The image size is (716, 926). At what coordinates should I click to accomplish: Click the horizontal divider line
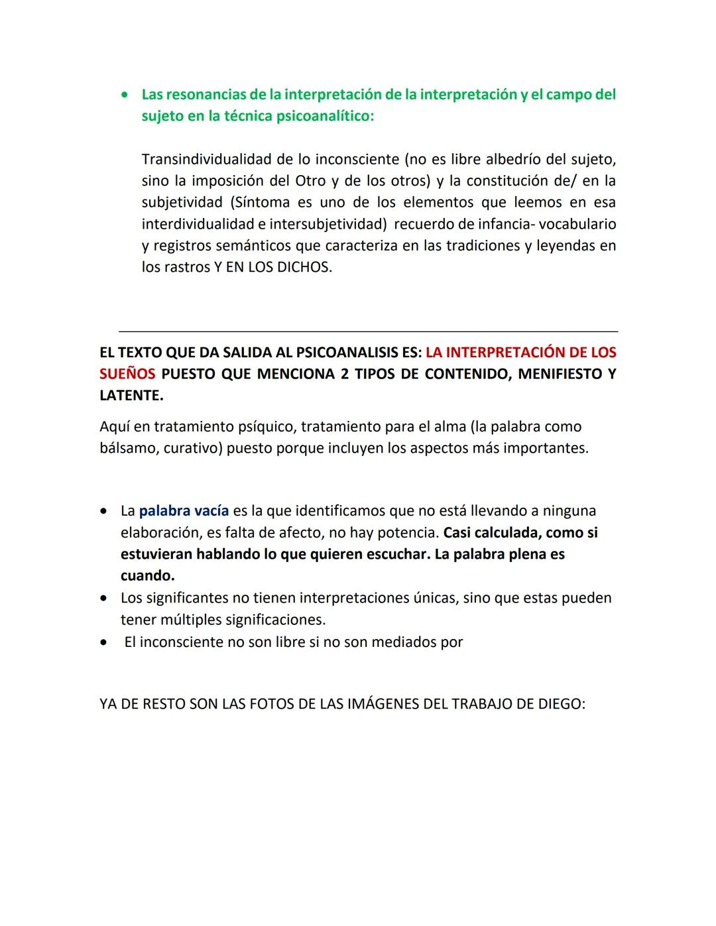click(x=368, y=331)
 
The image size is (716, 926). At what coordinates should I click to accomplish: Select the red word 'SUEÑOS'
click(x=127, y=374)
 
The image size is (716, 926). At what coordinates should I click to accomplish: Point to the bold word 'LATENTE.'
click(x=131, y=396)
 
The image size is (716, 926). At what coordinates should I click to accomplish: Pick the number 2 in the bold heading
click(x=344, y=374)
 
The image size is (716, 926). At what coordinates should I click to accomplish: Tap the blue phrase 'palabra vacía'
click(x=184, y=511)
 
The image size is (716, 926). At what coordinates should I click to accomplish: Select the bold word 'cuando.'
click(x=147, y=576)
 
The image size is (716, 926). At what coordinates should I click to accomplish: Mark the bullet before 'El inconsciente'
click(x=104, y=642)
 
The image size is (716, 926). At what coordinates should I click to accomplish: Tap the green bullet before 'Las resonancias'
click(x=125, y=95)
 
